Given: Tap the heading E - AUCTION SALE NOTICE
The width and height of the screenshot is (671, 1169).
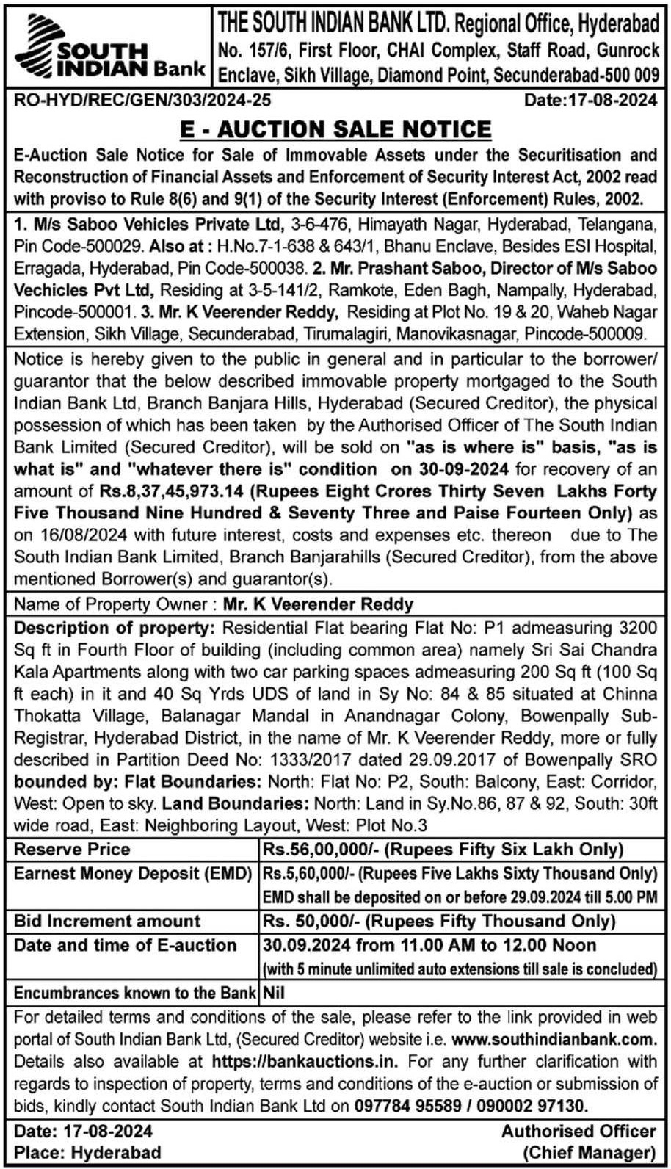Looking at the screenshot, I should [335, 129].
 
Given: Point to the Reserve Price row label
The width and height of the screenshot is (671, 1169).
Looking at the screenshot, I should [72, 850].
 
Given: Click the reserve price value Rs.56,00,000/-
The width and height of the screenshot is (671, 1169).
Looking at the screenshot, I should [320, 850].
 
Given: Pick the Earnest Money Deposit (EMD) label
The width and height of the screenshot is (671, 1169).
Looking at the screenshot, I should [132, 874].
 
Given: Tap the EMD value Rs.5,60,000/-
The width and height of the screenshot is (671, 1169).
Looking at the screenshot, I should [307, 874].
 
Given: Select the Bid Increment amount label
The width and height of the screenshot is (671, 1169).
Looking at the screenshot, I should [107, 921].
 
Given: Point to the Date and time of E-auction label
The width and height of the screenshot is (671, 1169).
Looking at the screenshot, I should [125, 945].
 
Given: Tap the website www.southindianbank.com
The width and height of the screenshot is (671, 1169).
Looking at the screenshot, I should [553, 1039].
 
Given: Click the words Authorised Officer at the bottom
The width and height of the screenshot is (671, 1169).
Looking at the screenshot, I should [578, 1132].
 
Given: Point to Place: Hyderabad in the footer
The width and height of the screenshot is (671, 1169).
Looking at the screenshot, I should [87, 1152].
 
